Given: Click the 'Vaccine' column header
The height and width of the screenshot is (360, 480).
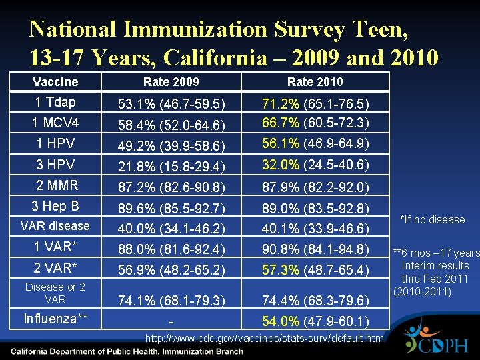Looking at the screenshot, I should pyautogui.click(x=55, y=81).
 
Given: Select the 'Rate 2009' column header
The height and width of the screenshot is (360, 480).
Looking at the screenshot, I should pyautogui.click(x=171, y=81).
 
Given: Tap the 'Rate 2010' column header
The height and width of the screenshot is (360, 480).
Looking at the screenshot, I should pyautogui.click(x=315, y=81).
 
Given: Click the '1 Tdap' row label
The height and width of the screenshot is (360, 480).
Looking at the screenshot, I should pyautogui.click(x=55, y=102).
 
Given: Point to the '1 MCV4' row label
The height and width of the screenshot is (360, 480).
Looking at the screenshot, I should pyautogui.click(x=55, y=123).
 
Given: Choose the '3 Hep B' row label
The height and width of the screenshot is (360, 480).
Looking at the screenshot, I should pyautogui.click(x=55, y=205).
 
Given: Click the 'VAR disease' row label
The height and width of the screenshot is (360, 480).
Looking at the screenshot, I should pyautogui.click(x=55, y=225).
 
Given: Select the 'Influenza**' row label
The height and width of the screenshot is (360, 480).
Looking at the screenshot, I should pyautogui.click(x=55, y=319).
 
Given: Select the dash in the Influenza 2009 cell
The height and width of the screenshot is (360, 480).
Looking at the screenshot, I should pyautogui.click(x=171, y=323).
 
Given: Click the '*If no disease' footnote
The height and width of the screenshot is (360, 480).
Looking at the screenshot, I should pyautogui.click(x=431, y=219).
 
